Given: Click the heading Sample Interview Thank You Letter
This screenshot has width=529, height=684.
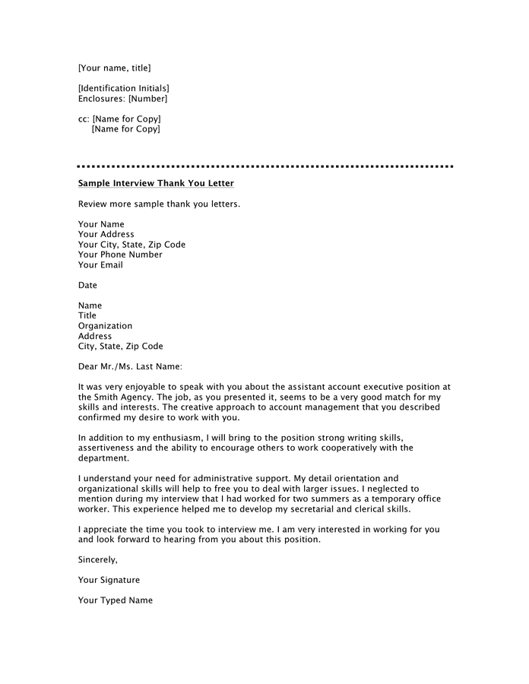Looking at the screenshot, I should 156,184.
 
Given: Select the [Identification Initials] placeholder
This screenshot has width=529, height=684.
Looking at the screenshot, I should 124,88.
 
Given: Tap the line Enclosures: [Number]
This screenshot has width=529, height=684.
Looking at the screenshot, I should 122,99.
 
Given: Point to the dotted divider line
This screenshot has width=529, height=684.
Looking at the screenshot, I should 264,166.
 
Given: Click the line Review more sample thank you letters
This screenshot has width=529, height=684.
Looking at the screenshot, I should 159,204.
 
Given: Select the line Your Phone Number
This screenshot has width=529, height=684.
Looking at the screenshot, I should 120,255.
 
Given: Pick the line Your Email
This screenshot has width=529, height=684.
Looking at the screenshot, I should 100,265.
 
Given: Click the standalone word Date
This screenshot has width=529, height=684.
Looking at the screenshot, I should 87,286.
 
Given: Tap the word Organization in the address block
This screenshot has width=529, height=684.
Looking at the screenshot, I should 105,326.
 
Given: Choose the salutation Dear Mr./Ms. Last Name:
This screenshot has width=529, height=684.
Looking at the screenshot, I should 130,366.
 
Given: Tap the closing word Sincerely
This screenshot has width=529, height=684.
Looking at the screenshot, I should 98,559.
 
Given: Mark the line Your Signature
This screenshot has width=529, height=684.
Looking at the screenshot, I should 109,580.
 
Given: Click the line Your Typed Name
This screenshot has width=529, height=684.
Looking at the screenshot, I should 115,600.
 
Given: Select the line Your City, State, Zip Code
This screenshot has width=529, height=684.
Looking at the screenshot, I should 131,245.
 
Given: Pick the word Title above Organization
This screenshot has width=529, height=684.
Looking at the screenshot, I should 87,315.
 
